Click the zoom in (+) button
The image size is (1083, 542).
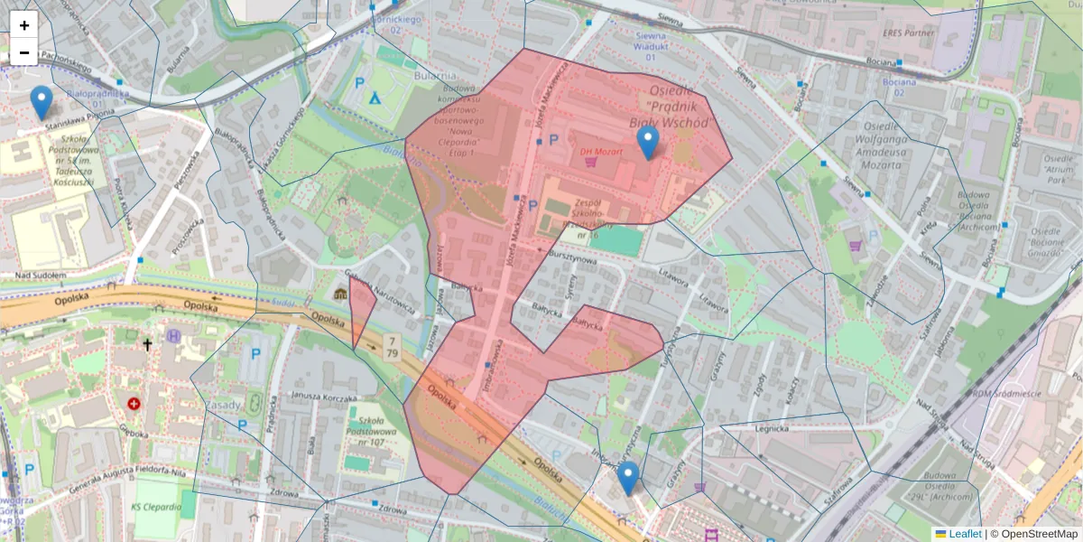click(x=24, y=24)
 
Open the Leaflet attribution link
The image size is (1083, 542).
click(x=964, y=534)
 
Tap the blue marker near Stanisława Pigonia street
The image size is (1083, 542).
click(x=41, y=102)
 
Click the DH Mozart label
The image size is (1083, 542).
click(x=601, y=151)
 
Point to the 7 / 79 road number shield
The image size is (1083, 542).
click(x=392, y=344)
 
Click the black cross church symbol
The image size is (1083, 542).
click(x=147, y=344)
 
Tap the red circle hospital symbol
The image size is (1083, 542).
click(x=134, y=404)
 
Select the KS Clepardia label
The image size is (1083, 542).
click(x=156, y=508)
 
